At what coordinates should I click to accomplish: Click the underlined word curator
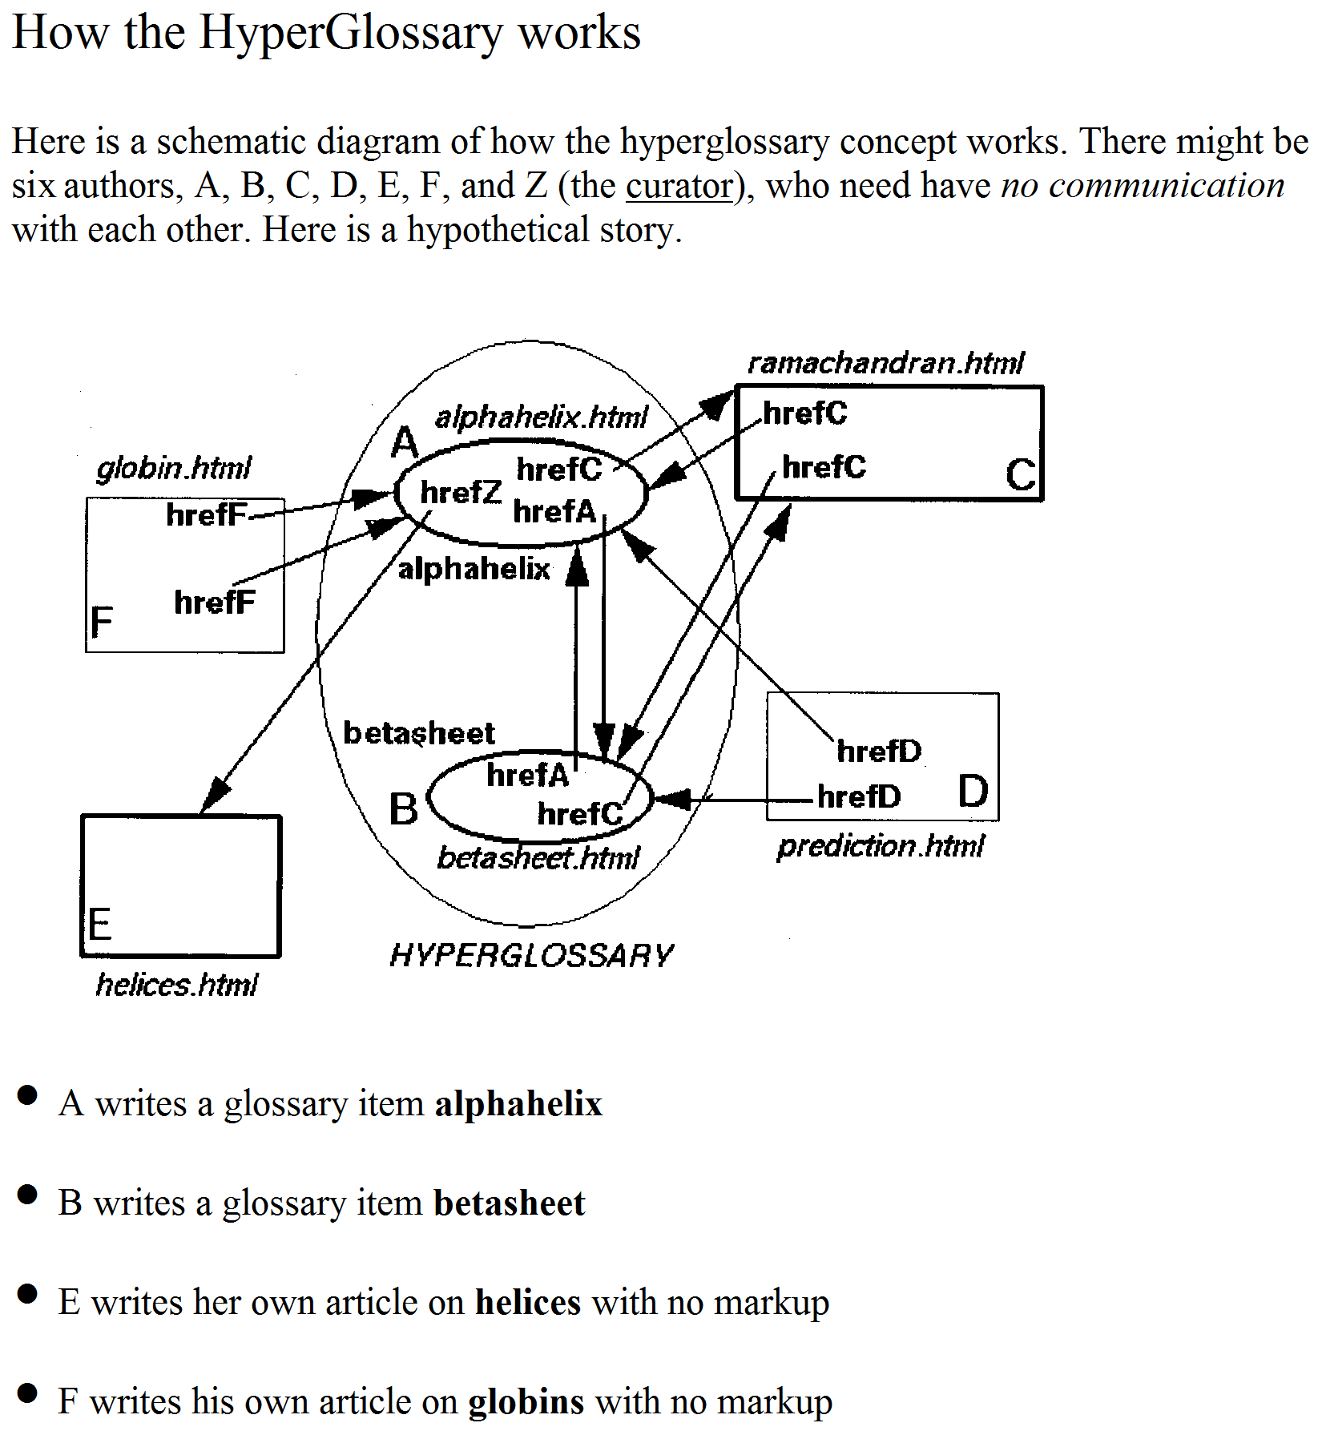tap(679, 186)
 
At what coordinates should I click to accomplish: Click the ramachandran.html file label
tap(885, 363)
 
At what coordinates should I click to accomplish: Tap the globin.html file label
tap(174, 468)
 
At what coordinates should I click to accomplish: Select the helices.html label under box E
tap(177, 984)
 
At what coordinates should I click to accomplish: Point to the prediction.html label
tap(881, 846)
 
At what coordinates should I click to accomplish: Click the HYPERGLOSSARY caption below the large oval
tap(532, 955)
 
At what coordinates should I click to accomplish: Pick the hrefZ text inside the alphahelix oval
tap(461, 492)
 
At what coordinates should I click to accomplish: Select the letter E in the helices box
tap(99, 925)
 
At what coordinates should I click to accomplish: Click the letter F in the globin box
tap(102, 622)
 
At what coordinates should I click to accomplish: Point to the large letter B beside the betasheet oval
tap(404, 809)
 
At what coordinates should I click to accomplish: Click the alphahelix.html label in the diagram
tap(541, 417)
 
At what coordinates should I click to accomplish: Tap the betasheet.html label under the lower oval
tap(538, 858)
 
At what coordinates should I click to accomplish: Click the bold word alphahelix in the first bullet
tap(518, 1104)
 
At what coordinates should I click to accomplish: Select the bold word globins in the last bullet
tap(526, 1402)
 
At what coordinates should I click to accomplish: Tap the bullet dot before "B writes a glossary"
tap(26, 1195)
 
